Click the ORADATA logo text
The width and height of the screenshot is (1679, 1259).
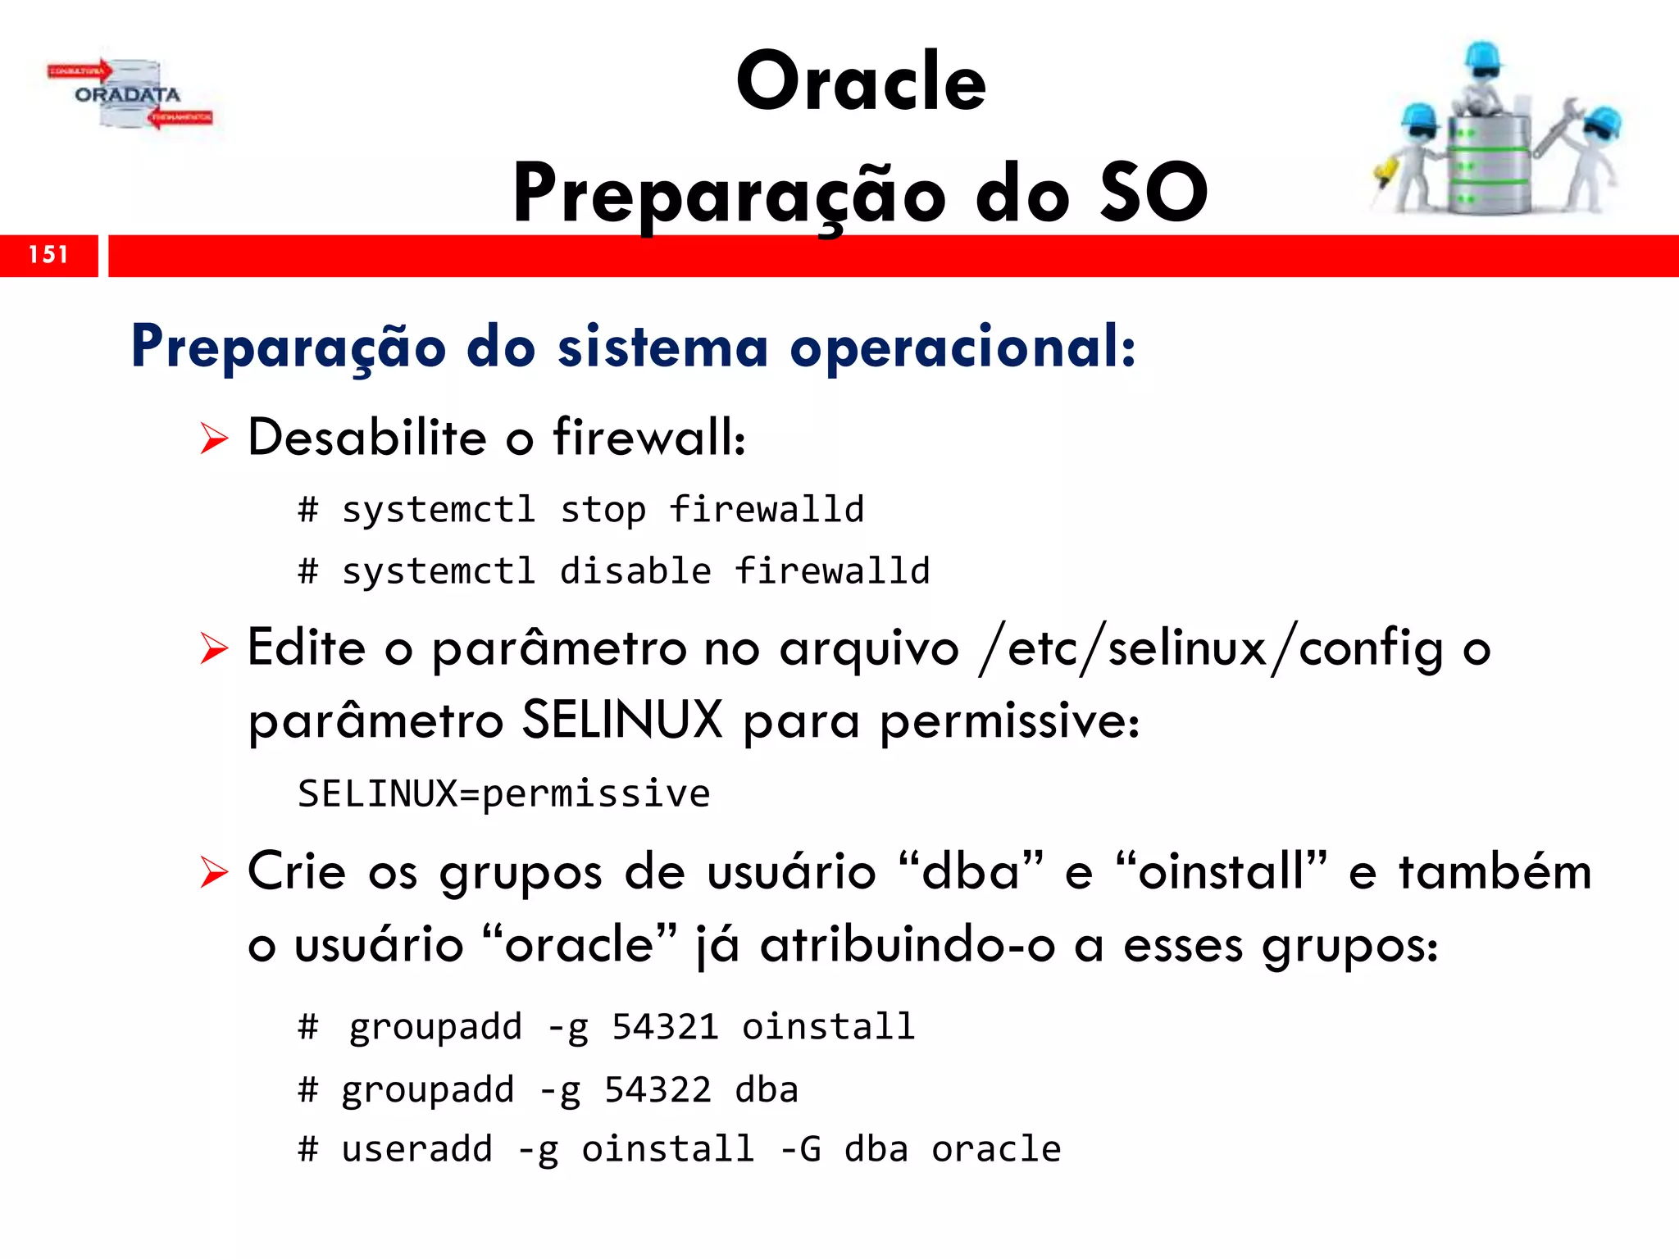pyautogui.click(x=128, y=95)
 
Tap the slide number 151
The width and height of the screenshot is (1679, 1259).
pyautogui.click(x=48, y=255)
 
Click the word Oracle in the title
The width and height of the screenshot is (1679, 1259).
pyautogui.click(x=861, y=82)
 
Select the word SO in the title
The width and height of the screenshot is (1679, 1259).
pyautogui.click(x=1153, y=193)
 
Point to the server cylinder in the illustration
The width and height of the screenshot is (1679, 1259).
pyautogui.click(x=1488, y=164)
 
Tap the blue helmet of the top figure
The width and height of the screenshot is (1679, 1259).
pyautogui.click(x=1483, y=57)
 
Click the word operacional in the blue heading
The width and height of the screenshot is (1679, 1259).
pyautogui.click(x=962, y=348)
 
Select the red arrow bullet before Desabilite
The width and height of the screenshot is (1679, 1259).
pyautogui.click(x=214, y=439)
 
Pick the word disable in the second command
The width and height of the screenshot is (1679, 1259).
pyautogui.click(x=635, y=571)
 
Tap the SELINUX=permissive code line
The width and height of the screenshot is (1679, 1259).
pyautogui.click(x=503, y=794)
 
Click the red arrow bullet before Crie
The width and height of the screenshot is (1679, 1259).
pyautogui.click(x=214, y=872)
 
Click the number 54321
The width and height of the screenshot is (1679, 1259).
pyautogui.click(x=665, y=1027)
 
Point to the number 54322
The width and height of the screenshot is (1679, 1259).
pyautogui.click(x=657, y=1090)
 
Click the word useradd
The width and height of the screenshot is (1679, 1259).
pyautogui.click(x=417, y=1149)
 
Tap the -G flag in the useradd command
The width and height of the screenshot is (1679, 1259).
pyautogui.click(x=800, y=1149)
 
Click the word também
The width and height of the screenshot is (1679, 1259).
pyautogui.click(x=1495, y=872)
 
